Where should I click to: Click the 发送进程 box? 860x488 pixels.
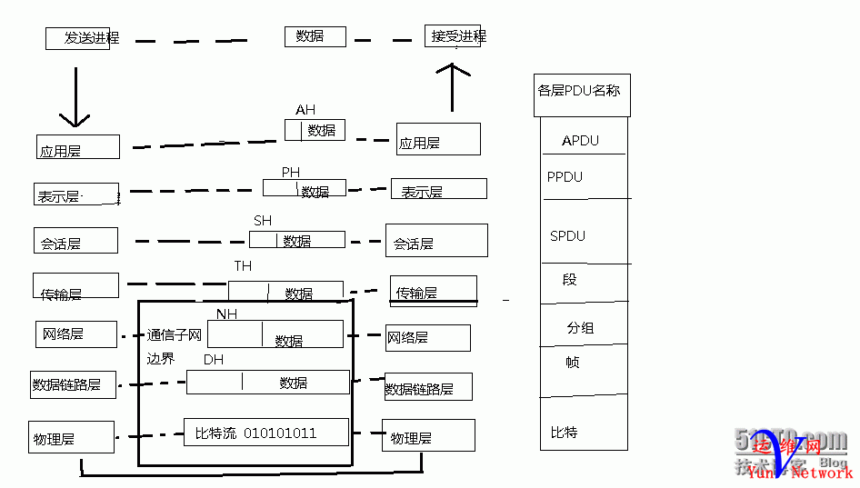[79, 38]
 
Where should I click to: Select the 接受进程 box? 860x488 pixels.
[454, 36]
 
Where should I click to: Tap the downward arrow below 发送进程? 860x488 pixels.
[75, 96]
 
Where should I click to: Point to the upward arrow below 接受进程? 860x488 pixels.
[453, 87]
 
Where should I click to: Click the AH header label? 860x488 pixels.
[305, 110]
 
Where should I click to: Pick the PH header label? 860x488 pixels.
[290, 172]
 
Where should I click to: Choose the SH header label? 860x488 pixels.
[263, 221]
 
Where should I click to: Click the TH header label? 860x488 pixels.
[243, 266]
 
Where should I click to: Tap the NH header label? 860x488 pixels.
[226, 314]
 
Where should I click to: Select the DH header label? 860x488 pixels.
[214, 360]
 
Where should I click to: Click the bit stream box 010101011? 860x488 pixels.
[266, 433]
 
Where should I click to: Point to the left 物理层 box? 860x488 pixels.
[71, 437]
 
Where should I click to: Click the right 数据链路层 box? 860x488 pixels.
[428, 387]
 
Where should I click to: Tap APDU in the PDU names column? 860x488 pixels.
[580, 141]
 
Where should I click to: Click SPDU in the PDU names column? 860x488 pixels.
[567, 236]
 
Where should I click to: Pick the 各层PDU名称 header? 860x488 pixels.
[580, 91]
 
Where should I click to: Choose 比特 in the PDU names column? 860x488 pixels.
[564, 432]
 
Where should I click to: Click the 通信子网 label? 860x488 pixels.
[174, 335]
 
